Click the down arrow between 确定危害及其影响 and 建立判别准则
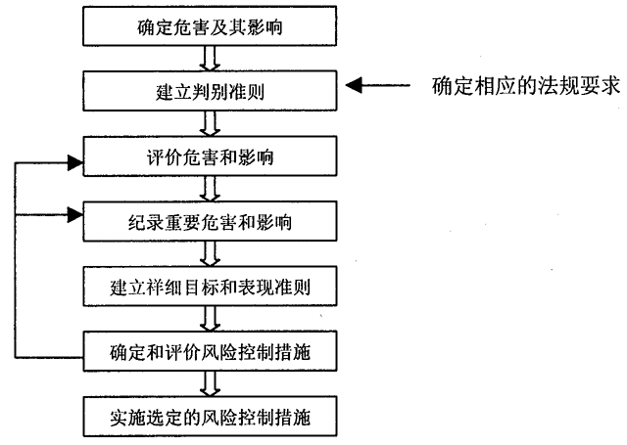[207, 58]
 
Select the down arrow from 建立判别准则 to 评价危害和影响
[207, 121]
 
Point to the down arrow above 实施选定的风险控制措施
[207, 384]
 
